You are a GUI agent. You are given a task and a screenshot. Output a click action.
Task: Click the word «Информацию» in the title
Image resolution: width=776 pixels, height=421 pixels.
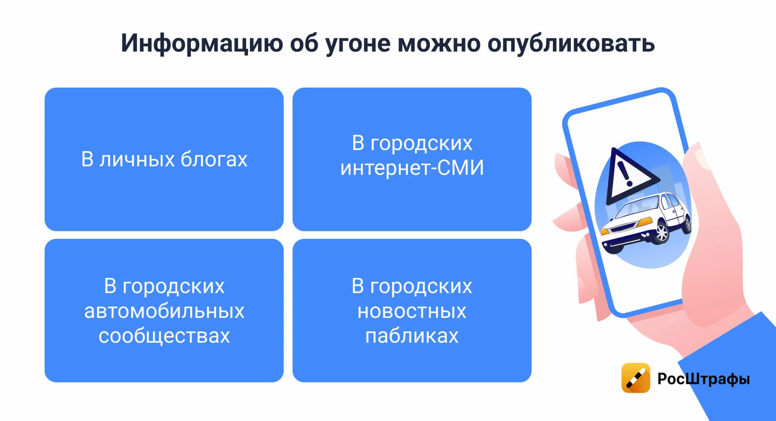(x=202, y=43)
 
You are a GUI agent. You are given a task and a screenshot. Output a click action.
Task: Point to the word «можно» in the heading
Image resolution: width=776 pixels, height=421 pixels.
(x=439, y=43)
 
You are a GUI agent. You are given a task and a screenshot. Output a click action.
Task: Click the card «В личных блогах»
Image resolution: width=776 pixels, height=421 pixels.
(x=164, y=159)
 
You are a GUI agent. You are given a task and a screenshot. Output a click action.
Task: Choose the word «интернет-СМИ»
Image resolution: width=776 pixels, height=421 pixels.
(x=412, y=168)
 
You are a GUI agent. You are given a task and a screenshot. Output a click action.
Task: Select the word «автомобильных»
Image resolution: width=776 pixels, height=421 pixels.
(x=164, y=311)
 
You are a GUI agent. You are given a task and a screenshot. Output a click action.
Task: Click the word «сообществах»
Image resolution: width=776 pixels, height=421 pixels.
(x=164, y=336)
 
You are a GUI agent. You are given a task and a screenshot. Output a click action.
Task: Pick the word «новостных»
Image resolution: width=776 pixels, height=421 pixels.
(x=412, y=311)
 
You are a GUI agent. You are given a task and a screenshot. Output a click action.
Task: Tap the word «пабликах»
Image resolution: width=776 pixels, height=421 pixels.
(x=412, y=336)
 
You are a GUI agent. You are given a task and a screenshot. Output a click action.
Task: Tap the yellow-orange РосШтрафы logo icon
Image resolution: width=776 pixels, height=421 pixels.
(x=636, y=378)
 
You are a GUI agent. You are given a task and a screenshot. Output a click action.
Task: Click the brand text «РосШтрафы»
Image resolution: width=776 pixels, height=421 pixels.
(x=703, y=378)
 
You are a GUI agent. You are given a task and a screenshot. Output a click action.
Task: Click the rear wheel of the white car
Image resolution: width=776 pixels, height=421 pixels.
(x=688, y=224)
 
